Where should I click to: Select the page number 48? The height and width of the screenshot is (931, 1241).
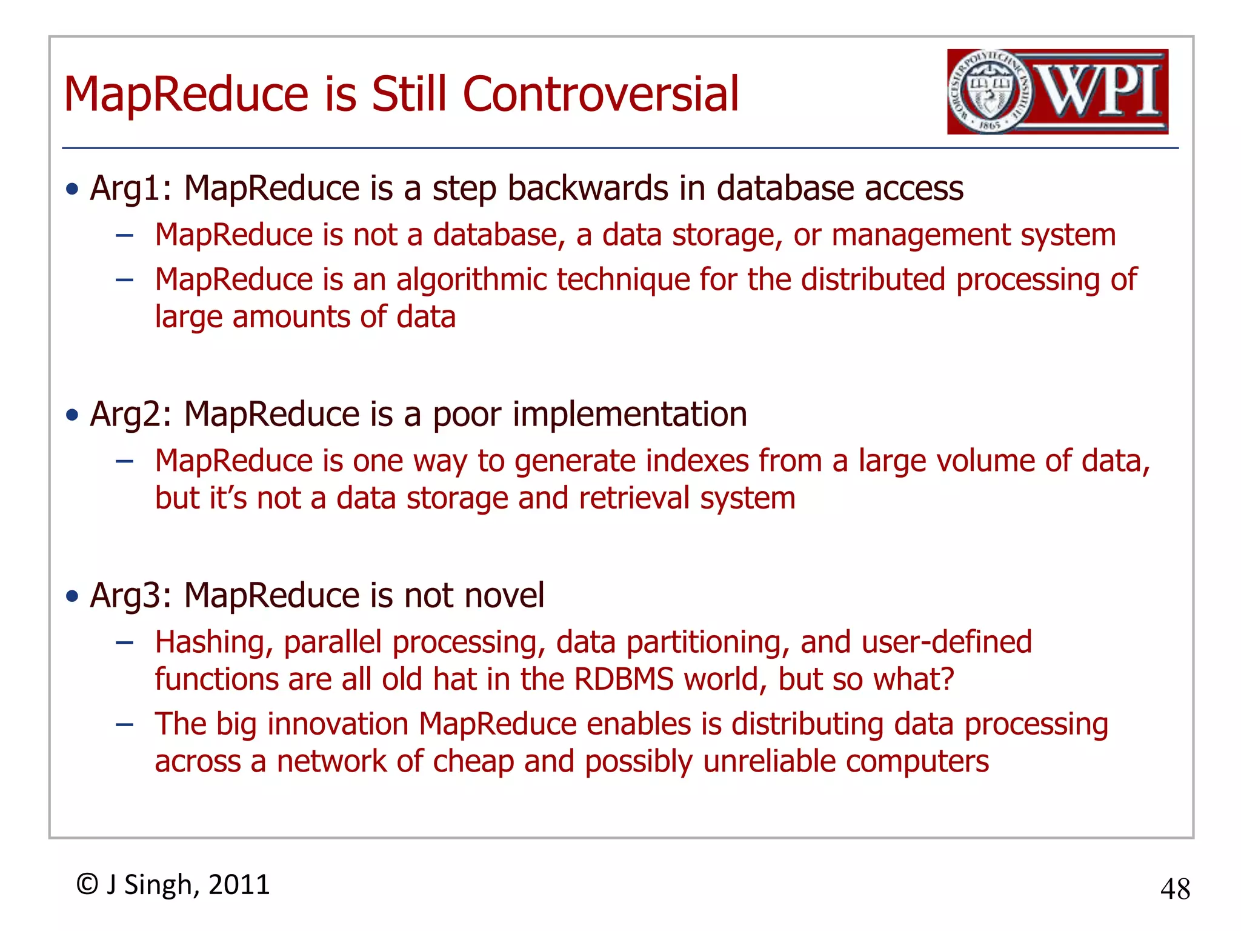[x=1175, y=889]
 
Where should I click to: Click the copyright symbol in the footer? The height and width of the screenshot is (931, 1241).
[x=88, y=884]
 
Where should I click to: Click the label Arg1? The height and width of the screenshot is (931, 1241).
[x=131, y=189]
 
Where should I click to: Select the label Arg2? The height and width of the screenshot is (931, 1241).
[x=131, y=415]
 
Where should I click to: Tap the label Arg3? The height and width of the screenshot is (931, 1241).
[x=131, y=595]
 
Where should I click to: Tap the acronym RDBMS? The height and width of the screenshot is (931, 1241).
[x=624, y=679]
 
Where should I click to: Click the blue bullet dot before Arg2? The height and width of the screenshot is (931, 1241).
[x=73, y=415]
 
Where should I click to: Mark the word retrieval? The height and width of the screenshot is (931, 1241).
[x=634, y=498]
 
